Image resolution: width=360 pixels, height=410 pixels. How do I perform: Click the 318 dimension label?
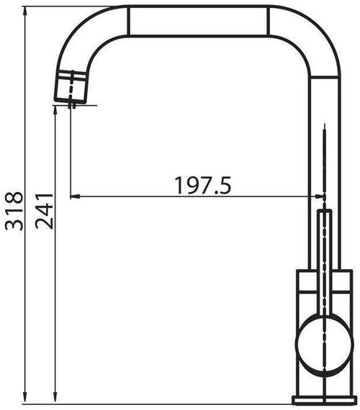(14, 211)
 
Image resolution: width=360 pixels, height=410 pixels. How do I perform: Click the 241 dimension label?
(44, 211)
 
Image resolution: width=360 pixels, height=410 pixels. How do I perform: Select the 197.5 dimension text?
(203, 186)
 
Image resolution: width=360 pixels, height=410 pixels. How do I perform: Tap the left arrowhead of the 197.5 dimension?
(75, 196)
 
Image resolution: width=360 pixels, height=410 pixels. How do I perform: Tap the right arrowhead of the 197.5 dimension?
(320, 196)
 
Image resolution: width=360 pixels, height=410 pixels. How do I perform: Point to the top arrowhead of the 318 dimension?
(25, 11)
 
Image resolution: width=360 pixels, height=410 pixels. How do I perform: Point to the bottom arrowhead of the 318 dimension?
(25, 399)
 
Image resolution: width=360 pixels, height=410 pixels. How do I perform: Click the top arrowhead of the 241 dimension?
(55, 110)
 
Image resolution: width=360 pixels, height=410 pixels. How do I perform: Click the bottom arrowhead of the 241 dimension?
(55, 399)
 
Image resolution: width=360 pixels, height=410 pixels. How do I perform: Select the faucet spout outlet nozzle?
(70, 86)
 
